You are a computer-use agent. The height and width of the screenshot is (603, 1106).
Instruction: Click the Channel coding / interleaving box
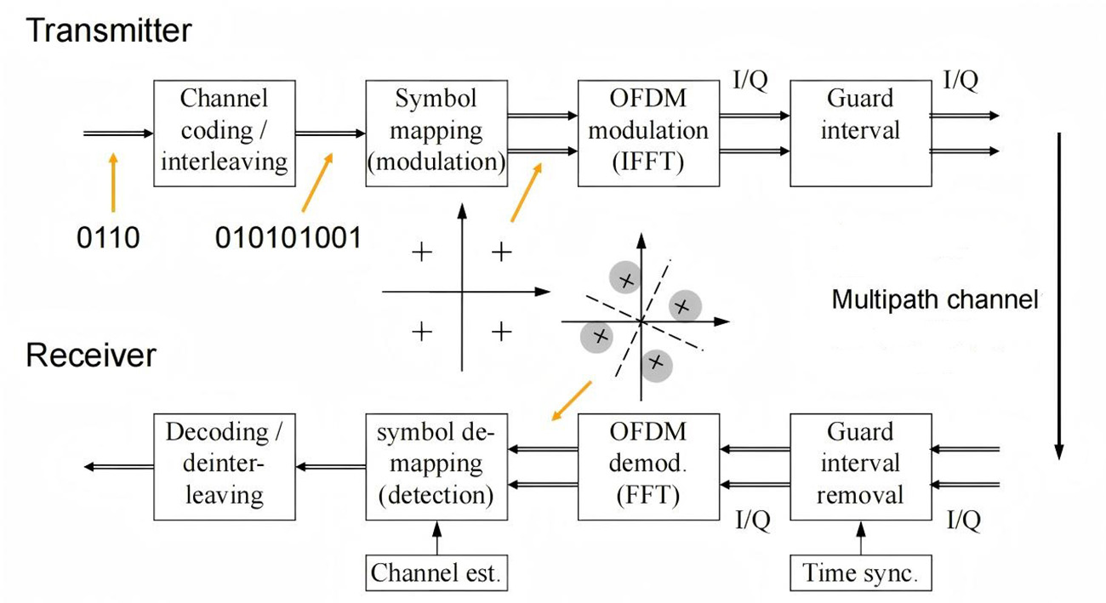(224, 133)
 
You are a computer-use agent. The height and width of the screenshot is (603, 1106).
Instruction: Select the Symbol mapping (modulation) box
(436, 133)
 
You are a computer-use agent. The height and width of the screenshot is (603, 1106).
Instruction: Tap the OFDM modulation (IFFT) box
(648, 133)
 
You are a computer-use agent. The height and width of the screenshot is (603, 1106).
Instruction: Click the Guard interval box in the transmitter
(860, 133)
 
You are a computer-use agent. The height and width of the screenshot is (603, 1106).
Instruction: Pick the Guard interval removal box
(860, 466)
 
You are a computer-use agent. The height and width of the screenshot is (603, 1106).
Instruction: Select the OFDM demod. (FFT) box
(648, 466)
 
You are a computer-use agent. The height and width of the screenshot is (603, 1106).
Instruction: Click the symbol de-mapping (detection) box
(436, 466)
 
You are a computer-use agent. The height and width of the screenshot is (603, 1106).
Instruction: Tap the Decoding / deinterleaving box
(224, 466)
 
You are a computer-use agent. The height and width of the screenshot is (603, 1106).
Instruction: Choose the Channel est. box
(436, 572)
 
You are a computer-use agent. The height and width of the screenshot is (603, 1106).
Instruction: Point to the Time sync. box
(860, 572)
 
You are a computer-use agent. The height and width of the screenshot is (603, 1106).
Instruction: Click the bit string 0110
(108, 237)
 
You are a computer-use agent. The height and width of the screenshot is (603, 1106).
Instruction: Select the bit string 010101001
(288, 237)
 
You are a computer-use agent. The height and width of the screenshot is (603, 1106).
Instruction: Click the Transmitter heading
(109, 31)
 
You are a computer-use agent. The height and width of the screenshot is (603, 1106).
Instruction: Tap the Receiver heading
(91, 355)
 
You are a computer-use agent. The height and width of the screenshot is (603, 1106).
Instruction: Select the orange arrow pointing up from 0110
(113, 182)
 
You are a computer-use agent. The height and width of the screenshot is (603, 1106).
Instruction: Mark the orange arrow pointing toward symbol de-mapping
(571, 401)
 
